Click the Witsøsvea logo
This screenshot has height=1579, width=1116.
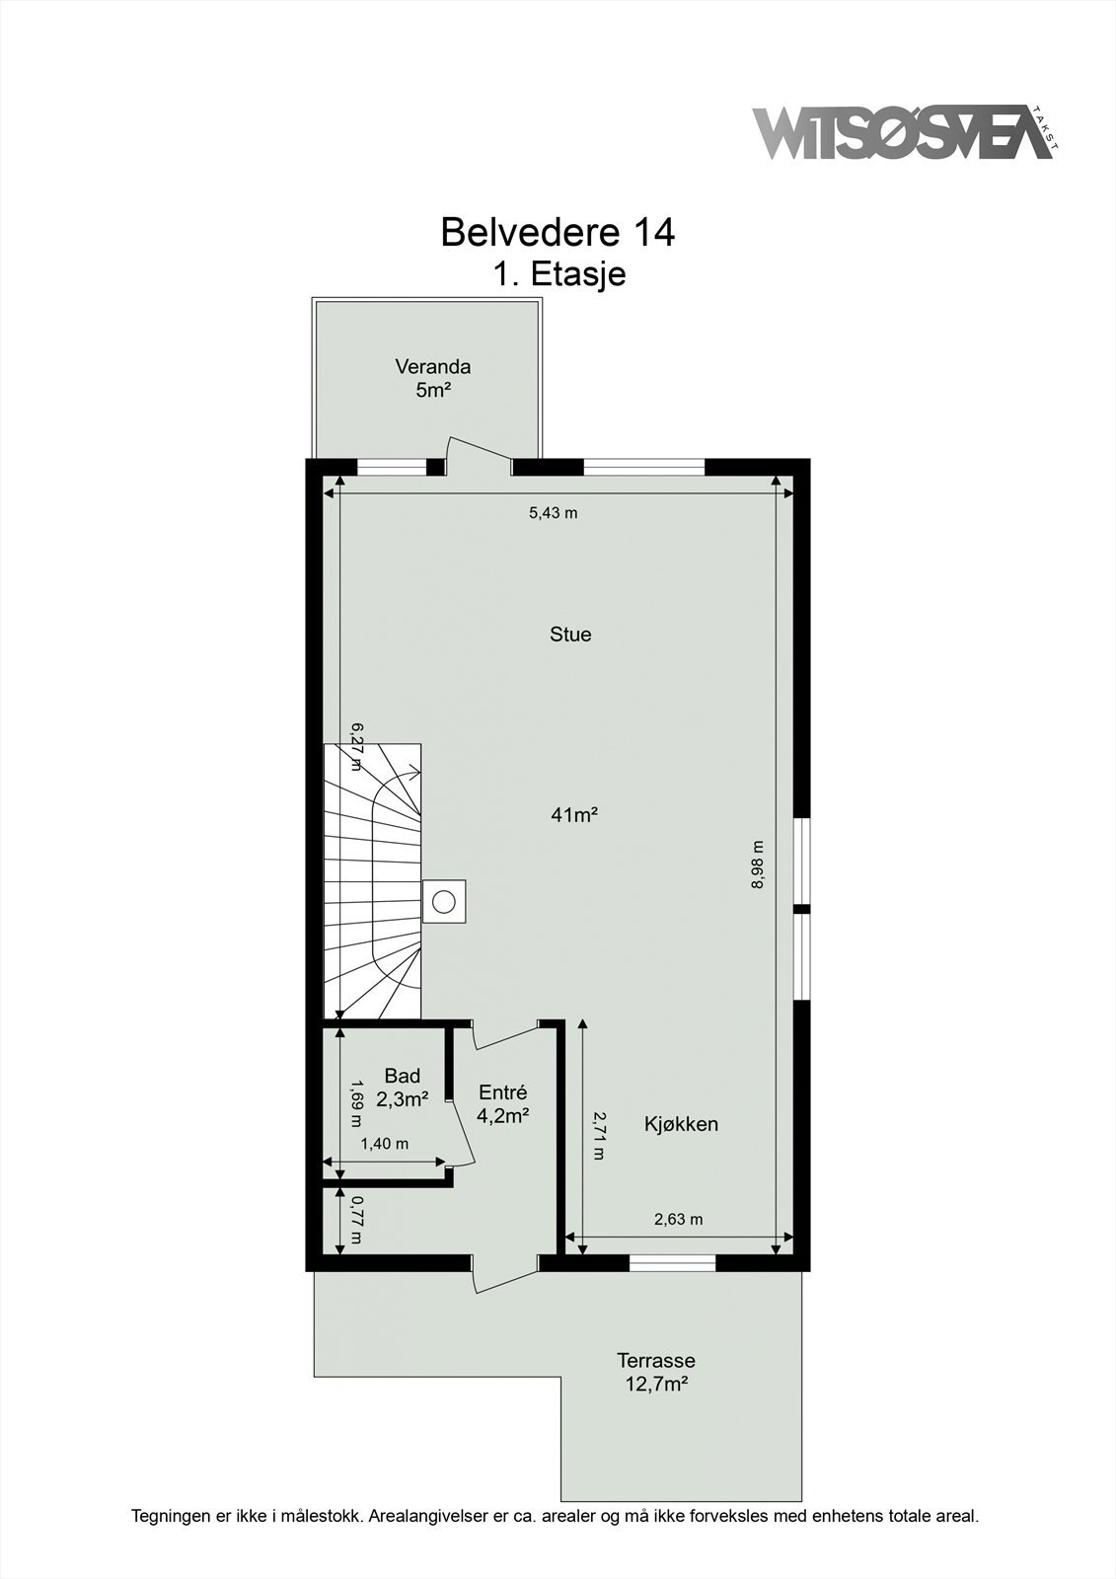pos(903,133)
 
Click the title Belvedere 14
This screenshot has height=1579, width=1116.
pos(558,232)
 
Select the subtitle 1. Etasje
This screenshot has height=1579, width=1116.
pos(558,273)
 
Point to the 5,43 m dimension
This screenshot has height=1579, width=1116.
pos(553,512)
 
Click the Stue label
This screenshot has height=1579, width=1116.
pos(570,635)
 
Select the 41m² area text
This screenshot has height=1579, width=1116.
pos(575,815)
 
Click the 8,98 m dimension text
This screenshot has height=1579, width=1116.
pos(758,865)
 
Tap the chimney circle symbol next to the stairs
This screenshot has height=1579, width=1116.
pos(445,900)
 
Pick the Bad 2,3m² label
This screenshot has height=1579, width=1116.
pos(402,1088)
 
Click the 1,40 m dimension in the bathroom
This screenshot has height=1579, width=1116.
pos(384,1144)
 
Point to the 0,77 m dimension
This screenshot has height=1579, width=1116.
pos(357,1220)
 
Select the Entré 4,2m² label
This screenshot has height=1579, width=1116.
pos(502,1104)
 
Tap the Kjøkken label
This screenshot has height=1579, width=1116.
pos(681,1124)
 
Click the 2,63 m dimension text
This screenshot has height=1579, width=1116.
pos(679,1219)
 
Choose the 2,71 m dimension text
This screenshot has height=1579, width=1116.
pos(598,1135)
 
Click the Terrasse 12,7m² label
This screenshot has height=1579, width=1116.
pos(656,1372)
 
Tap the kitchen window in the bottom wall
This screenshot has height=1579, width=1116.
pos(673,1262)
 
